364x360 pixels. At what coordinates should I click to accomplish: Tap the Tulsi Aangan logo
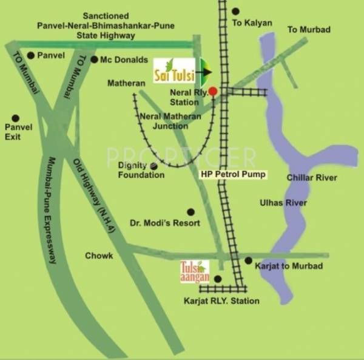[x=195, y=271]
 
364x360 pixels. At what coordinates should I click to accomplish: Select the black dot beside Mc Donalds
[x=94, y=59]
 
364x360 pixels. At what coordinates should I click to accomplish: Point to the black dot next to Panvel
[x=31, y=55]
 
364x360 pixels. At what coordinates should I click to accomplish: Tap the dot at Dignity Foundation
[x=154, y=166]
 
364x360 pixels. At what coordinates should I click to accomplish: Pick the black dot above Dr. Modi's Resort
[x=190, y=212]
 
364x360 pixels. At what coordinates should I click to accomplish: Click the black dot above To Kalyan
[x=235, y=11]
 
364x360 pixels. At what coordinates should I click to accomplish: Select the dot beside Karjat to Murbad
[x=248, y=260]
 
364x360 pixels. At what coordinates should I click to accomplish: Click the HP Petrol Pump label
[x=234, y=174]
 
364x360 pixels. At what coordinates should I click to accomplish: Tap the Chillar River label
[x=312, y=177]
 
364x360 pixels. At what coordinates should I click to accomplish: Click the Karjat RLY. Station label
[x=221, y=301]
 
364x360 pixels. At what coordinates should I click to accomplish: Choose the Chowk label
[x=99, y=256]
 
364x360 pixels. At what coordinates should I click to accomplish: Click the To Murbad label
[x=309, y=30]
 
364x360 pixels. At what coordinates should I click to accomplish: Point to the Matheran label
[x=126, y=83]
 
